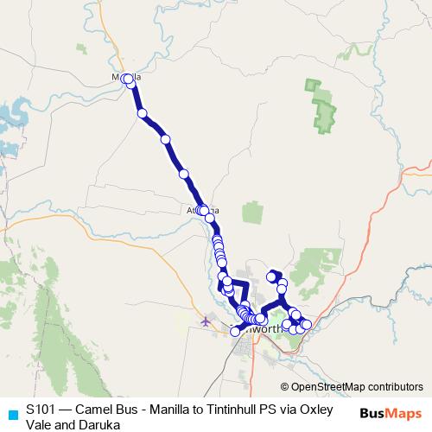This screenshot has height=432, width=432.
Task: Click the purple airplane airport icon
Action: pos(205,322)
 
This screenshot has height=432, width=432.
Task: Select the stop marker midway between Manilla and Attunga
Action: pos(184,174)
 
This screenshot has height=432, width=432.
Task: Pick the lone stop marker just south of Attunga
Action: pos(210,218)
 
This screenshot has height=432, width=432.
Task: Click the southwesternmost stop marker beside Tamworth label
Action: pos(235,331)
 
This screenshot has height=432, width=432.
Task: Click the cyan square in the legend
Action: pos(11,414)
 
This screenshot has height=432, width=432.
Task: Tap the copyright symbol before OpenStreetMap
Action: pos(285,387)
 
